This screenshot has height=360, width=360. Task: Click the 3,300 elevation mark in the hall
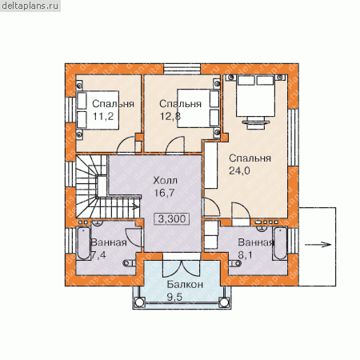click(172, 218)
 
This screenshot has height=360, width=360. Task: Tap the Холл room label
click(165, 181)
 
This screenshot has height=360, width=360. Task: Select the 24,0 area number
click(239, 170)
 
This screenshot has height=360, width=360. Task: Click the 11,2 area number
click(103, 116)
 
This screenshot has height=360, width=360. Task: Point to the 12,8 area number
click(170, 116)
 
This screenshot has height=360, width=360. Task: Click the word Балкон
click(185, 285)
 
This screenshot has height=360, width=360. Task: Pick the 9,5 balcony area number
click(174, 297)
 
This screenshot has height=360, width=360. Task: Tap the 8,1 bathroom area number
click(245, 255)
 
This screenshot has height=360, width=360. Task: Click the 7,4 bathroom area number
click(98, 255)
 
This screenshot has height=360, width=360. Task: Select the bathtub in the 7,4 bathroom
click(83, 243)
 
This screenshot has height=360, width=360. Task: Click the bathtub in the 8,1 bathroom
click(280, 243)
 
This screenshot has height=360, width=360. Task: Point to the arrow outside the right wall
click(318, 244)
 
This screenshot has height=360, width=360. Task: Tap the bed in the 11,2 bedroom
click(98, 110)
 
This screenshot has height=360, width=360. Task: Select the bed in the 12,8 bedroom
click(198, 108)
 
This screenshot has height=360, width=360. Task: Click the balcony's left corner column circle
click(138, 302)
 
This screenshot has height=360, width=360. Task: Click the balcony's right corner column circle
click(223, 302)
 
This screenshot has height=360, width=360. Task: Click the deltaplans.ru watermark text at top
click(30, 6)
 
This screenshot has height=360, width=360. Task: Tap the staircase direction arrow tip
click(138, 206)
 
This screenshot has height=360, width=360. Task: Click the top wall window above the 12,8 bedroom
click(182, 69)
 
